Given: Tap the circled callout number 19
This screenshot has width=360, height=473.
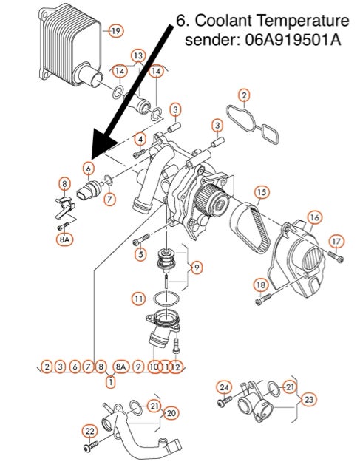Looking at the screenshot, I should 116,30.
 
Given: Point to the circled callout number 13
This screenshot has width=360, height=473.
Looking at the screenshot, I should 138,55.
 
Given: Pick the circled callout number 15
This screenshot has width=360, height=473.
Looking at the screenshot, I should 262,192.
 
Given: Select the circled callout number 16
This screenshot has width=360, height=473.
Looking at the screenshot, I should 314,217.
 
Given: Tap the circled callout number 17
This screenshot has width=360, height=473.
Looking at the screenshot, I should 337,240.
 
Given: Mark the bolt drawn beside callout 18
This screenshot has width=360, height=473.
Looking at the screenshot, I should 265,299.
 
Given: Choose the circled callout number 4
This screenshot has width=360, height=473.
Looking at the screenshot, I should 140,138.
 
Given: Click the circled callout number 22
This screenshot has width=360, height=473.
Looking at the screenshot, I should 89,431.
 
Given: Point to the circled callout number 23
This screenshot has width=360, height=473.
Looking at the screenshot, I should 309,398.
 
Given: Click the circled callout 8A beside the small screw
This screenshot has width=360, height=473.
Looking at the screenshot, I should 64,239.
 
